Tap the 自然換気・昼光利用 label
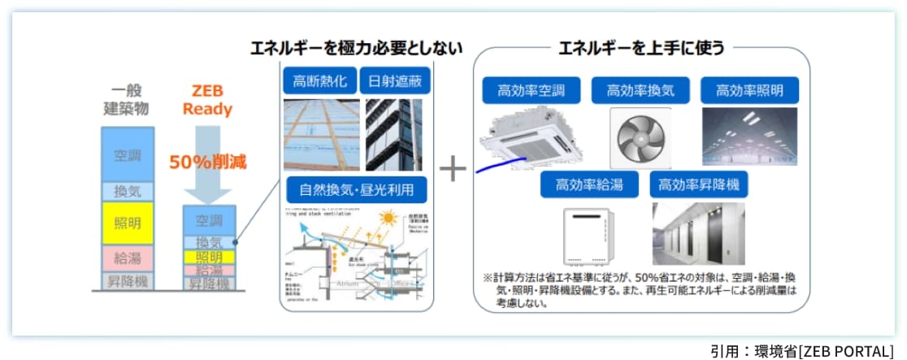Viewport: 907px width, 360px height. (x=356, y=191)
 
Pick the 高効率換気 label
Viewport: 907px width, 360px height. (x=640, y=90)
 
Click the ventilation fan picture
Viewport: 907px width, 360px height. (x=639, y=135)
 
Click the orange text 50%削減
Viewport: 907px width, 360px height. (x=207, y=162)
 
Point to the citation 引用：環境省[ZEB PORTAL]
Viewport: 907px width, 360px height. (x=801, y=350)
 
